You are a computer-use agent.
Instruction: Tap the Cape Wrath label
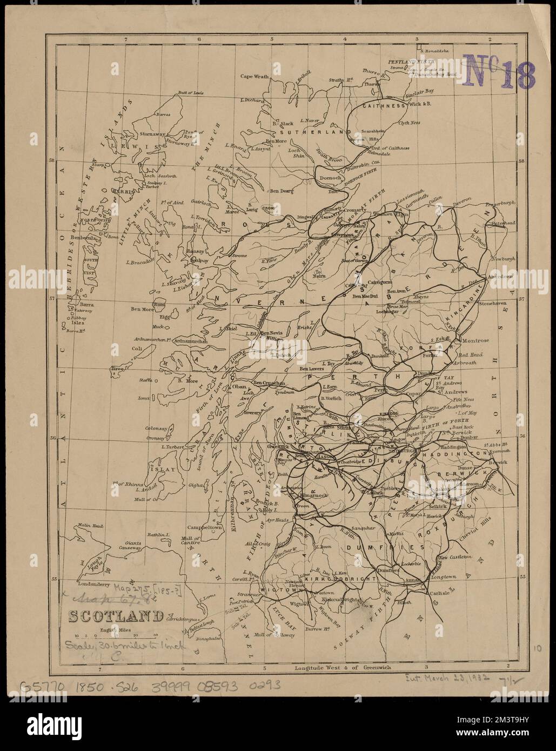click(x=255, y=76)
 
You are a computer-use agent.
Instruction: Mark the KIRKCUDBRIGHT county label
click(x=340, y=579)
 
